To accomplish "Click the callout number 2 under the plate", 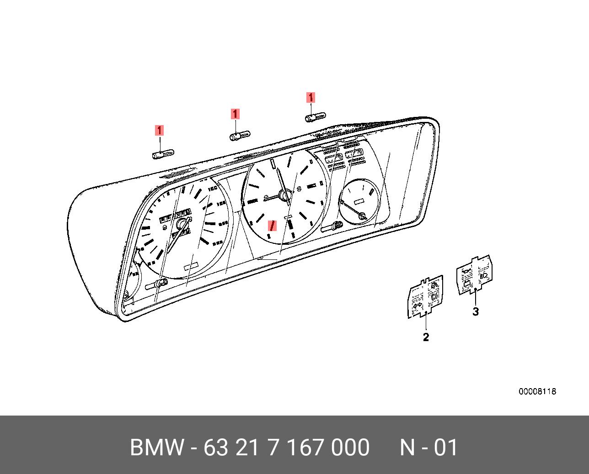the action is pos(426,337).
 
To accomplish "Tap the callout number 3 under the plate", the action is pos(476,312).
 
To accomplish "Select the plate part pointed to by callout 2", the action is pos(425,296).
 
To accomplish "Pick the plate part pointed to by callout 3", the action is pos(475,275).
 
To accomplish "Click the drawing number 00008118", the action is pos(537,392).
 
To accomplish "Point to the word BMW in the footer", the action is pos(157,448).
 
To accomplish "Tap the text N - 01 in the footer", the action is pos(428,448).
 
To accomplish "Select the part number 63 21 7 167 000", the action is pos(286,448).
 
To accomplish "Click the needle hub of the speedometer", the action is pos(183,223).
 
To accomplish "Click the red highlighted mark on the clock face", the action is pos(273,225).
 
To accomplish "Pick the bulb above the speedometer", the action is pos(162,154).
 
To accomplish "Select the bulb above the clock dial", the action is pos(239,136).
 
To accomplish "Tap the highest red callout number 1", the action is pos(311,97).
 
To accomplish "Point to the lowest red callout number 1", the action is pos(159,131).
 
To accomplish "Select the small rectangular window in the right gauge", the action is pos(360,200).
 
